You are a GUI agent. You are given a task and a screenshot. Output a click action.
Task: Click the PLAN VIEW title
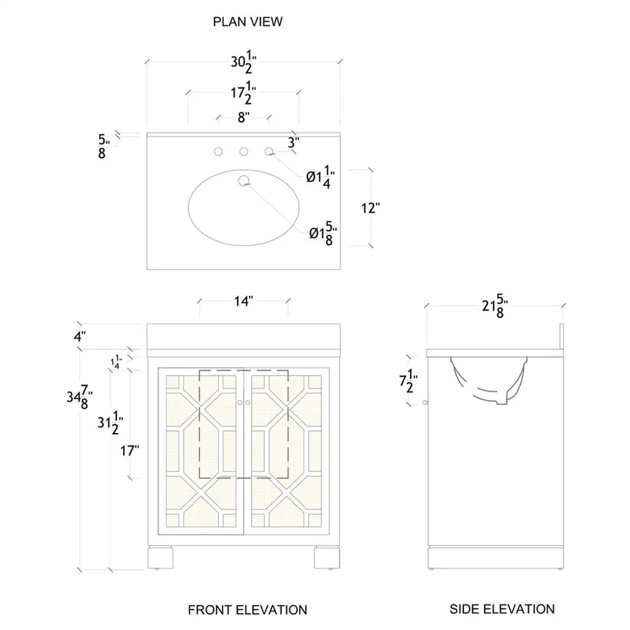pyautogui.click(x=247, y=22)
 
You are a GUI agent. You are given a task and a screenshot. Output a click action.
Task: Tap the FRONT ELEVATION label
pyautogui.click(x=247, y=610)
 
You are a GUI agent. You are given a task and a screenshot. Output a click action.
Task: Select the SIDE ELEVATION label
pyautogui.click(x=502, y=609)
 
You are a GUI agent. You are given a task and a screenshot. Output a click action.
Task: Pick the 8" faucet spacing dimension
pyautogui.click(x=244, y=118)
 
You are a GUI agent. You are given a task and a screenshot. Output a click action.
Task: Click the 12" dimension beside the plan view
pyautogui.click(x=370, y=209)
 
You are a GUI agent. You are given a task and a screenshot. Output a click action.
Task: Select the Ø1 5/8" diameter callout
pyautogui.click(x=323, y=233)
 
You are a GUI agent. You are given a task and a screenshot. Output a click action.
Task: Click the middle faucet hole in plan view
pyautogui.click(x=244, y=151)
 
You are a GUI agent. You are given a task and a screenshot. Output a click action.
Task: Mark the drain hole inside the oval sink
pyautogui.click(x=244, y=181)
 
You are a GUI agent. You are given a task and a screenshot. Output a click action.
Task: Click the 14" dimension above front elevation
pyautogui.click(x=244, y=301)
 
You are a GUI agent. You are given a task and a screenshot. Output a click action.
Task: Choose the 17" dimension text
pyautogui.click(x=129, y=450)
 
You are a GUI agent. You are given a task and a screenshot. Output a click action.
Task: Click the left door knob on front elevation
pyautogui.click(x=240, y=402)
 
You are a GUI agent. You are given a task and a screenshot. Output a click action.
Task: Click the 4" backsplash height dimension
pyautogui.click(x=79, y=337)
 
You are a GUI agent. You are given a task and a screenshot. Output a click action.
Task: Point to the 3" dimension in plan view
pyautogui.click(x=293, y=142)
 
